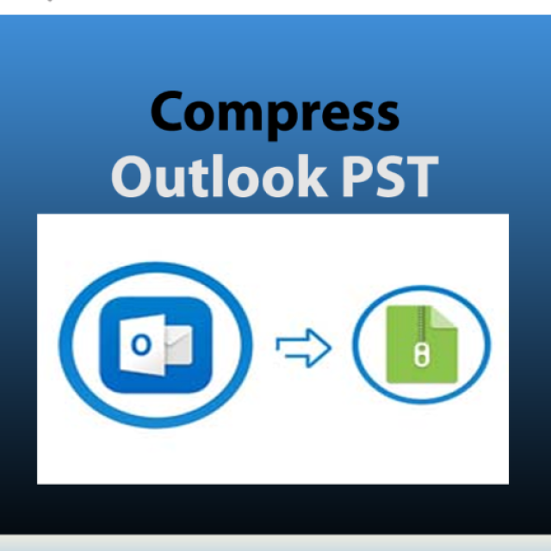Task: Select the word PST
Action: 386,176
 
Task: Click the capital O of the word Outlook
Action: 133,176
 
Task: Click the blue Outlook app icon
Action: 155,344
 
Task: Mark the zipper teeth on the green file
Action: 421,327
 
